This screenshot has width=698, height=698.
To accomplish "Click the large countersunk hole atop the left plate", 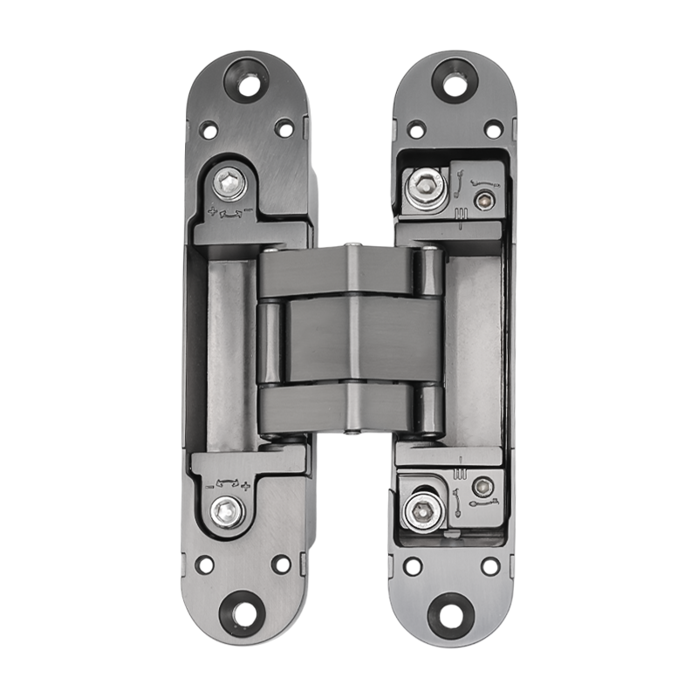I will (246, 82).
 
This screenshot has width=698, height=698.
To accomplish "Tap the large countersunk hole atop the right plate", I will (454, 82).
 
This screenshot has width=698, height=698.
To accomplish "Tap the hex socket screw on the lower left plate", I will (229, 511).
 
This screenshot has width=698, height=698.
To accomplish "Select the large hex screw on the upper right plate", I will (425, 184).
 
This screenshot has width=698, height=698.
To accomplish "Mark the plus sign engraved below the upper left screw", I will (212, 210).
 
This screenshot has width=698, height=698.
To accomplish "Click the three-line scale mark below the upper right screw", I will (459, 216).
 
